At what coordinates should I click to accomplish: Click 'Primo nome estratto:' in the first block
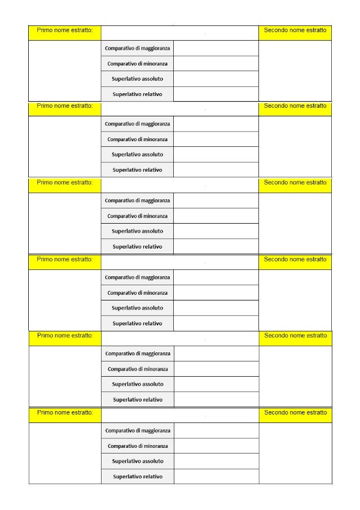tap(65, 30)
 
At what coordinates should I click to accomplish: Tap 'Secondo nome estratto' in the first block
tap(295, 30)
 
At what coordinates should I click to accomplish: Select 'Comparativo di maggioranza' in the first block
tap(137, 49)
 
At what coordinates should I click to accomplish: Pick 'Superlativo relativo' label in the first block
tap(137, 94)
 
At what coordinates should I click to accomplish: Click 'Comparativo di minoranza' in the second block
tap(137, 139)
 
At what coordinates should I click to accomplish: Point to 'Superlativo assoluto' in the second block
tap(137, 154)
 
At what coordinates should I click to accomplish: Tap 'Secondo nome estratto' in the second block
tap(295, 106)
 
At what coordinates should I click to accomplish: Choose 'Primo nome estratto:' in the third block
tap(65, 182)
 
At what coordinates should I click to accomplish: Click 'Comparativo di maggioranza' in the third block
tap(137, 200)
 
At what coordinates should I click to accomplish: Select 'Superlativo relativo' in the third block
tap(137, 246)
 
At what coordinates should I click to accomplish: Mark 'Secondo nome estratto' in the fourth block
tap(295, 259)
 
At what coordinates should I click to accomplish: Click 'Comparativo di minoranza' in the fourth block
tap(137, 293)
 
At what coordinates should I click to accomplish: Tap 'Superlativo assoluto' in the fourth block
tap(137, 308)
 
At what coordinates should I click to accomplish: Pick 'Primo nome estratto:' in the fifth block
tap(65, 335)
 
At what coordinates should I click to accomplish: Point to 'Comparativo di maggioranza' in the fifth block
tap(138, 354)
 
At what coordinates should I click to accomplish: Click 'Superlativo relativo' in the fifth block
tap(138, 399)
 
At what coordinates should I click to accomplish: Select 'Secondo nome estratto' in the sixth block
tap(295, 412)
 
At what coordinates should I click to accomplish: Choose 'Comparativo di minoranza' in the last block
tap(138, 446)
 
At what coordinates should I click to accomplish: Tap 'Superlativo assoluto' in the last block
tap(138, 461)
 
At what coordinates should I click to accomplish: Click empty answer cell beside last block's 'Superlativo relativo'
tap(216, 476)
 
